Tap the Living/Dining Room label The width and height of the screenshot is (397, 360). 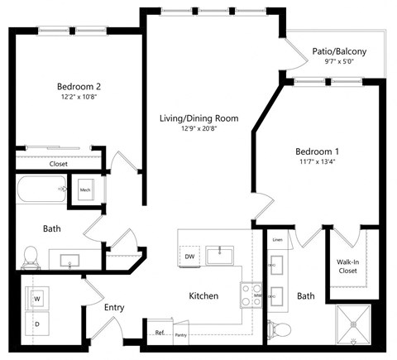click(x=198, y=118)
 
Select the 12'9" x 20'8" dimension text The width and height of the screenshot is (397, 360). click(x=198, y=129)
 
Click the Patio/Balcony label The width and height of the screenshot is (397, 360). click(x=339, y=51)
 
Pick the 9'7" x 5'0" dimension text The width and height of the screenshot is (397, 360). click(x=339, y=62)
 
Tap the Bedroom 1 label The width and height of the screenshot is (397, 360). click(x=318, y=152)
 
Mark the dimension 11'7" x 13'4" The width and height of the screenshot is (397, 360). click(x=318, y=163)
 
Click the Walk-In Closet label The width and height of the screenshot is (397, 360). click(x=347, y=266)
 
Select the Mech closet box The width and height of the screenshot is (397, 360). click(x=85, y=190)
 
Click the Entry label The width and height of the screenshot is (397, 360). click(x=114, y=308)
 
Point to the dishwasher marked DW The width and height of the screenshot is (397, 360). click(x=189, y=257)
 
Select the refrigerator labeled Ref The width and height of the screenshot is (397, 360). click(x=160, y=333)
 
